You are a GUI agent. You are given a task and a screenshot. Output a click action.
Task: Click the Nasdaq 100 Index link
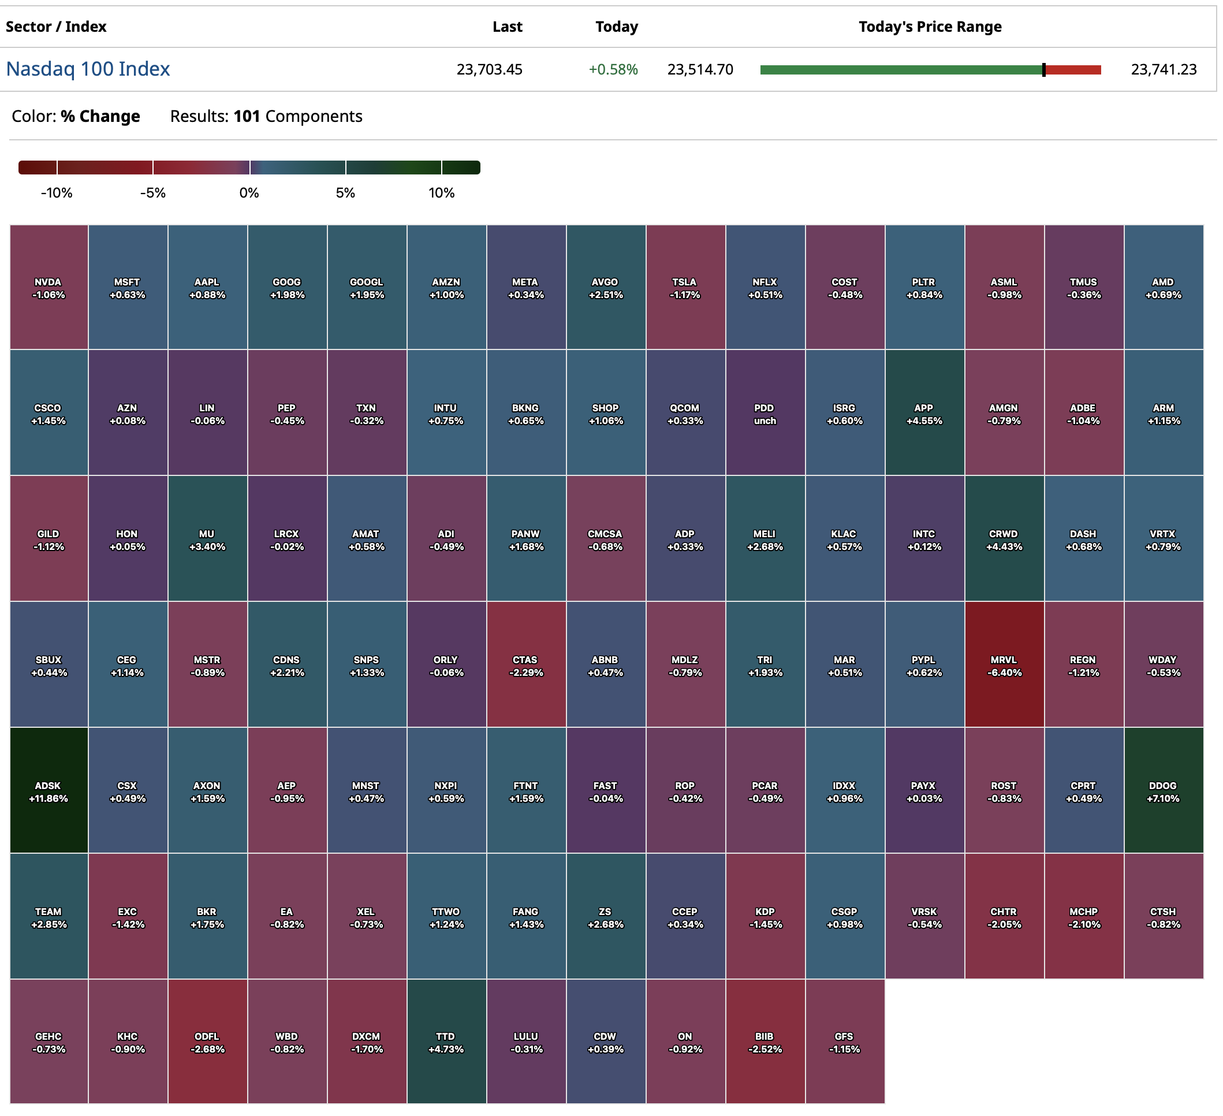point(88,69)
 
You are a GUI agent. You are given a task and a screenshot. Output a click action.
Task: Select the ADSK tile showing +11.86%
point(49,791)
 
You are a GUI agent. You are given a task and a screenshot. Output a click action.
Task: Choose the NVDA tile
point(49,288)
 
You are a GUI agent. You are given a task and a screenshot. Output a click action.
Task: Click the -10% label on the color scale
point(57,193)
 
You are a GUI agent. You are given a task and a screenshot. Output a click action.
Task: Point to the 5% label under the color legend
point(346,193)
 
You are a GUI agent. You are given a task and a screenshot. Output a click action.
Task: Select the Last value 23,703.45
point(490,70)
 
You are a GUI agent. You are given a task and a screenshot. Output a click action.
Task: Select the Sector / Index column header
point(56,27)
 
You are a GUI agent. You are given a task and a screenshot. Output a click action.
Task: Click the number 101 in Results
point(247,117)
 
